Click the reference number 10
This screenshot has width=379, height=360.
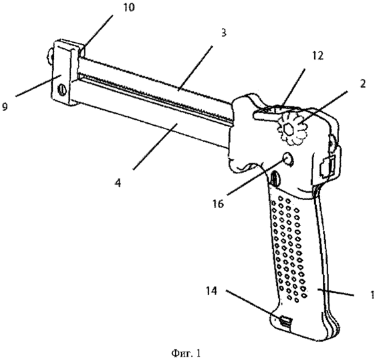pyautogui.click(x=128, y=7)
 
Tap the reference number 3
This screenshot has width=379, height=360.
pyautogui.click(x=223, y=33)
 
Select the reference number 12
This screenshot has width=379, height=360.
pyautogui.click(x=318, y=56)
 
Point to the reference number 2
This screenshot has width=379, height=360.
pyautogui.click(x=362, y=84)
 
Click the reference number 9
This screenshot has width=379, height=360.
pyautogui.click(x=5, y=106)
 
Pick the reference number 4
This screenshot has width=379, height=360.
pyautogui.click(x=118, y=183)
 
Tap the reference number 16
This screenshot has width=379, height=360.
pyautogui.click(x=219, y=204)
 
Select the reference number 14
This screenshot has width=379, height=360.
pyautogui.click(x=211, y=291)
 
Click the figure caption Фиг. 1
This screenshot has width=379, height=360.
pyautogui.click(x=186, y=354)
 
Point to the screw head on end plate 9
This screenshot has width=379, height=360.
pyautogui.click(x=62, y=90)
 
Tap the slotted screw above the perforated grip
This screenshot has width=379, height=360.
pyautogui.click(x=274, y=178)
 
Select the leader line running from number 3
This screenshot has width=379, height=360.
pyautogui.click(x=196, y=68)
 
